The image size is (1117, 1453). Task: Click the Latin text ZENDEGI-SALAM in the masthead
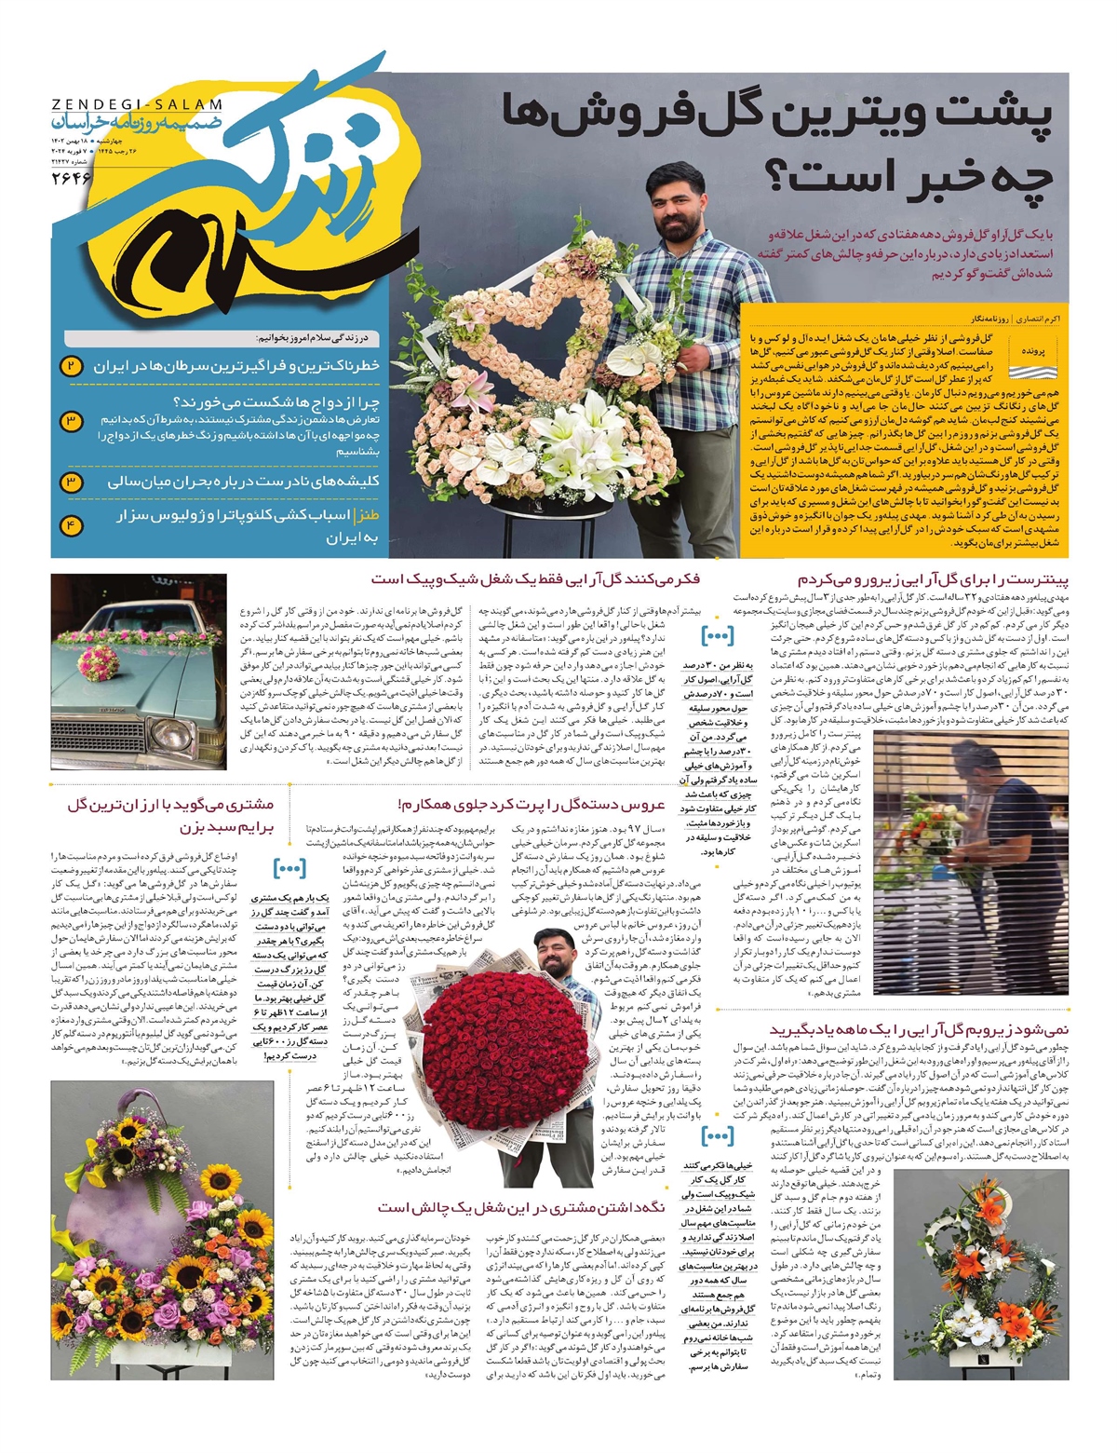(137, 105)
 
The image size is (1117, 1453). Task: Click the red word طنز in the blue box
(367, 515)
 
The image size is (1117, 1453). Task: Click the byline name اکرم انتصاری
(1040, 318)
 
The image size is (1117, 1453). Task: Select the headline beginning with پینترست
(933, 579)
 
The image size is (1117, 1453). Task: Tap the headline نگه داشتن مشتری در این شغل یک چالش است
(521, 1206)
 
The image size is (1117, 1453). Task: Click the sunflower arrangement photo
(162, 1229)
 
